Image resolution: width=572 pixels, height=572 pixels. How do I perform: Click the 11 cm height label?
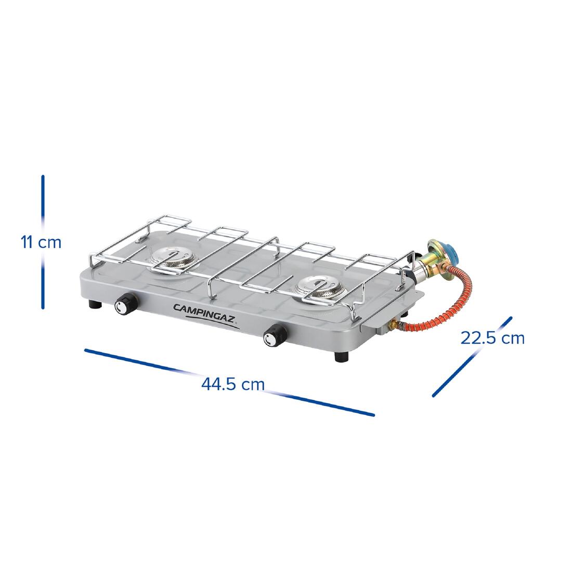coord(41,242)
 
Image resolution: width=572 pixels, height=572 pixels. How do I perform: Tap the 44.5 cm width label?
coord(233,384)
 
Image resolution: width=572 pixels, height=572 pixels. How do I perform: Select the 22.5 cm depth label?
coord(492,338)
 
